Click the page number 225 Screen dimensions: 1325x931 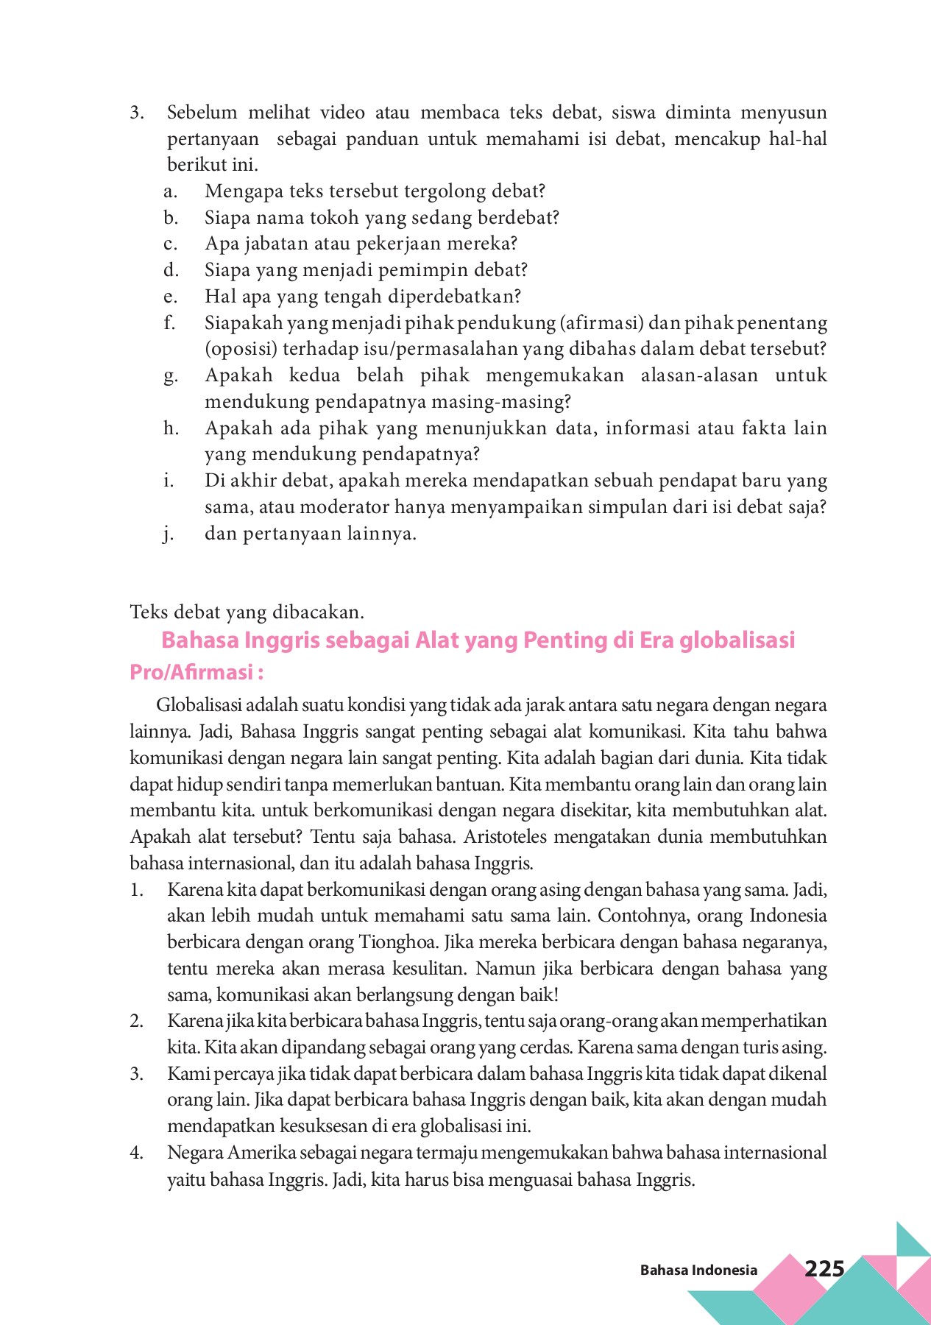824,1268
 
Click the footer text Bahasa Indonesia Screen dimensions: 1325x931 698,1270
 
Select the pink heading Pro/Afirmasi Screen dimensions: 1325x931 196,673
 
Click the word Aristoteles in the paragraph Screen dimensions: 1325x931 501,837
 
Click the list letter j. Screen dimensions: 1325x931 169,534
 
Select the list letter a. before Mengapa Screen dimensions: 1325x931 170,191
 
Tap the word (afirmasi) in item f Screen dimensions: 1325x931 601,323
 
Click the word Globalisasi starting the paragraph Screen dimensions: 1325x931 199,705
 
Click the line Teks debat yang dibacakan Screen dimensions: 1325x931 247,612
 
